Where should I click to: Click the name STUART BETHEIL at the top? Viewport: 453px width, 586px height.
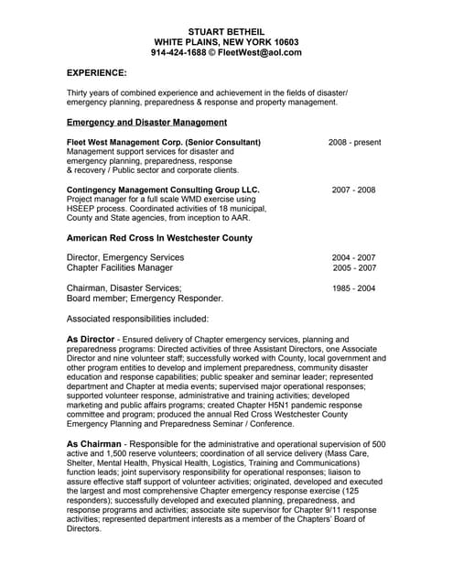[226, 30]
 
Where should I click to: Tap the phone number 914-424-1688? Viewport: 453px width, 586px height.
[178, 52]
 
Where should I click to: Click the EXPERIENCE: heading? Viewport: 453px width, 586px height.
[97, 71]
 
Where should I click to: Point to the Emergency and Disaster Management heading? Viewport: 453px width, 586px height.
[146, 122]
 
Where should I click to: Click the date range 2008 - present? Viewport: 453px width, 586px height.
[354, 143]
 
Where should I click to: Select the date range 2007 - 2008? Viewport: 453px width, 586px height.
[353, 190]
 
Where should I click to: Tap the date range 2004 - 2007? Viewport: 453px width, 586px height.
[353, 258]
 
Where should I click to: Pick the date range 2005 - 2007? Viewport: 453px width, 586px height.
[354, 268]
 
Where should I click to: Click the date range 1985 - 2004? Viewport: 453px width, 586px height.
[353, 288]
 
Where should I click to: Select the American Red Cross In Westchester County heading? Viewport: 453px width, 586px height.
[159, 238]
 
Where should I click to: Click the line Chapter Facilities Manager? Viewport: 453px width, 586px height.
[120, 268]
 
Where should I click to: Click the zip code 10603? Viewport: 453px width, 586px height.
[279, 41]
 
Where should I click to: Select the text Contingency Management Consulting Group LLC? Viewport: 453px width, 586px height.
[163, 190]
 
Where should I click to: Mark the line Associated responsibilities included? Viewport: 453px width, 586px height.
[137, 319]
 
